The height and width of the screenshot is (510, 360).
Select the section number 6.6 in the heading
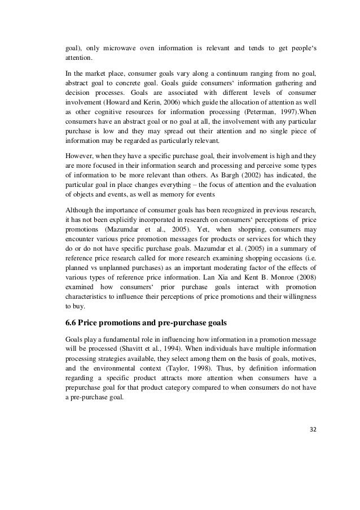point(72,324)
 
